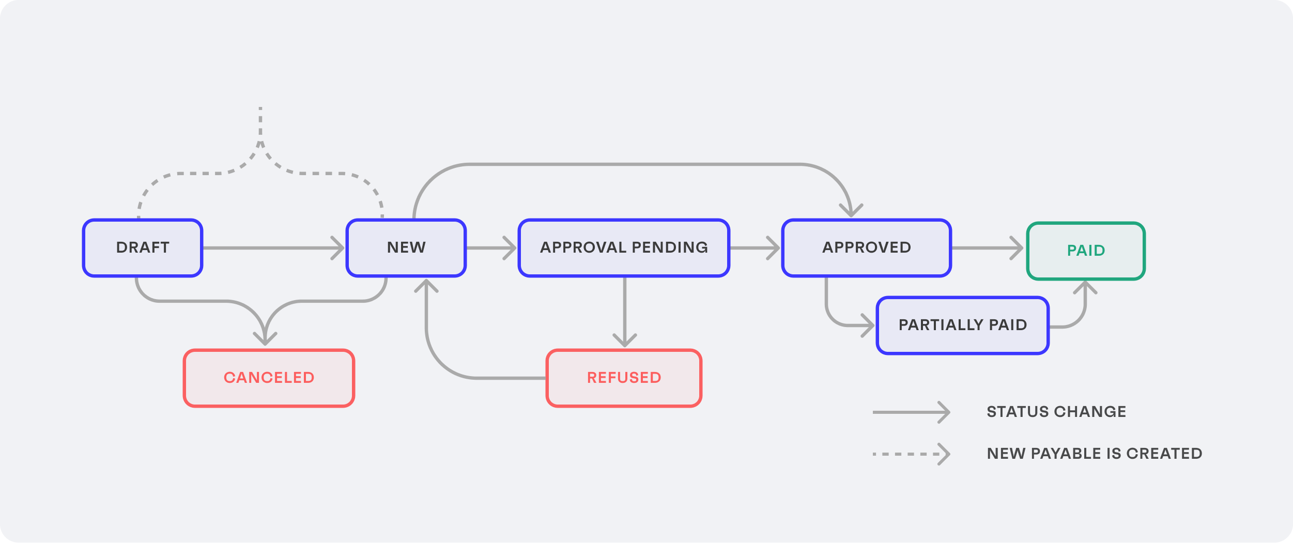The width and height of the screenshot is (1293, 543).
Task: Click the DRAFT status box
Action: (143, 248)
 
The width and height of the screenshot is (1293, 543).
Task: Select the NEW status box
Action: (406, 248)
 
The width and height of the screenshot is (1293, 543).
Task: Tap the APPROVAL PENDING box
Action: (624, 248)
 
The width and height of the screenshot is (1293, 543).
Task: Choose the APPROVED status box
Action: (867, 248)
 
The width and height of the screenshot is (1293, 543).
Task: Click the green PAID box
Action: (1086, 251)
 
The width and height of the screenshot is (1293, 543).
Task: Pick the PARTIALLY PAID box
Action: (962, 325)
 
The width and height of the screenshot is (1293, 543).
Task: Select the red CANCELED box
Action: (269, 378)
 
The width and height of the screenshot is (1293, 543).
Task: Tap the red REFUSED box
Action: (624, 378)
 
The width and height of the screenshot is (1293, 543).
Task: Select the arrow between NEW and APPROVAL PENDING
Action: (491, 248)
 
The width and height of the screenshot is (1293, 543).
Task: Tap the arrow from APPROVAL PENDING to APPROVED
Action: (755, 248)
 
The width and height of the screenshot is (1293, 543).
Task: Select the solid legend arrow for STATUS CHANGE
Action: (911, 412)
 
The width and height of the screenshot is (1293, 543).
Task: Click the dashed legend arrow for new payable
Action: (911, 454)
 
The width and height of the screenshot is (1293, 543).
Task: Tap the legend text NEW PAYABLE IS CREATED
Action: (1094, 454)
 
